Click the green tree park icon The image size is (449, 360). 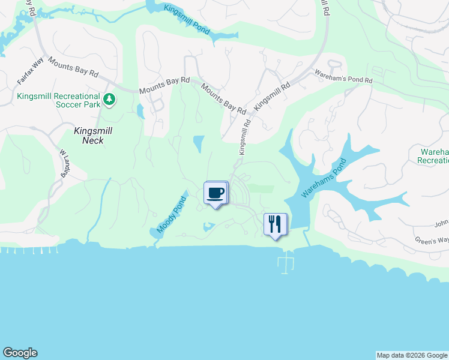click(x=109, y=99)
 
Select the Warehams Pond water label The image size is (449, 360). click(x=325, y=178)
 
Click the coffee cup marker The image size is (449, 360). click(x=216, y=193)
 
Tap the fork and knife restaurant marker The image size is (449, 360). click(x=275, y=224)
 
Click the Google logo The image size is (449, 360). click(x=20, y=353)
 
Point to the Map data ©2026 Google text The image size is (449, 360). click(x=411, y=355)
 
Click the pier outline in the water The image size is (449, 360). click(x=286, y=262)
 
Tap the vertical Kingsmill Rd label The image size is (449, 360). click(x=244, y=137)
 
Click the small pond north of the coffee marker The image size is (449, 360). click(x=198, y=143)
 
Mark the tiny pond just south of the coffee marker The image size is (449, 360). click(x=208, y=227)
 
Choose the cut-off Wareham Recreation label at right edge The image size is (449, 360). click(x=433, y=156)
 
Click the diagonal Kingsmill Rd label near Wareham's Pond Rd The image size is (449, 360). click(x=273, y=95)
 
